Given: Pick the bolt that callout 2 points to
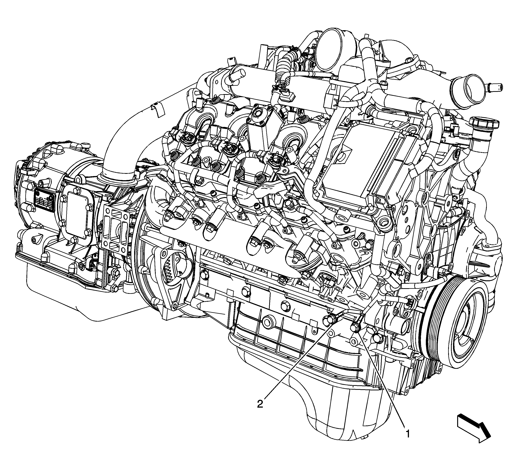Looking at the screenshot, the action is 328,319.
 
